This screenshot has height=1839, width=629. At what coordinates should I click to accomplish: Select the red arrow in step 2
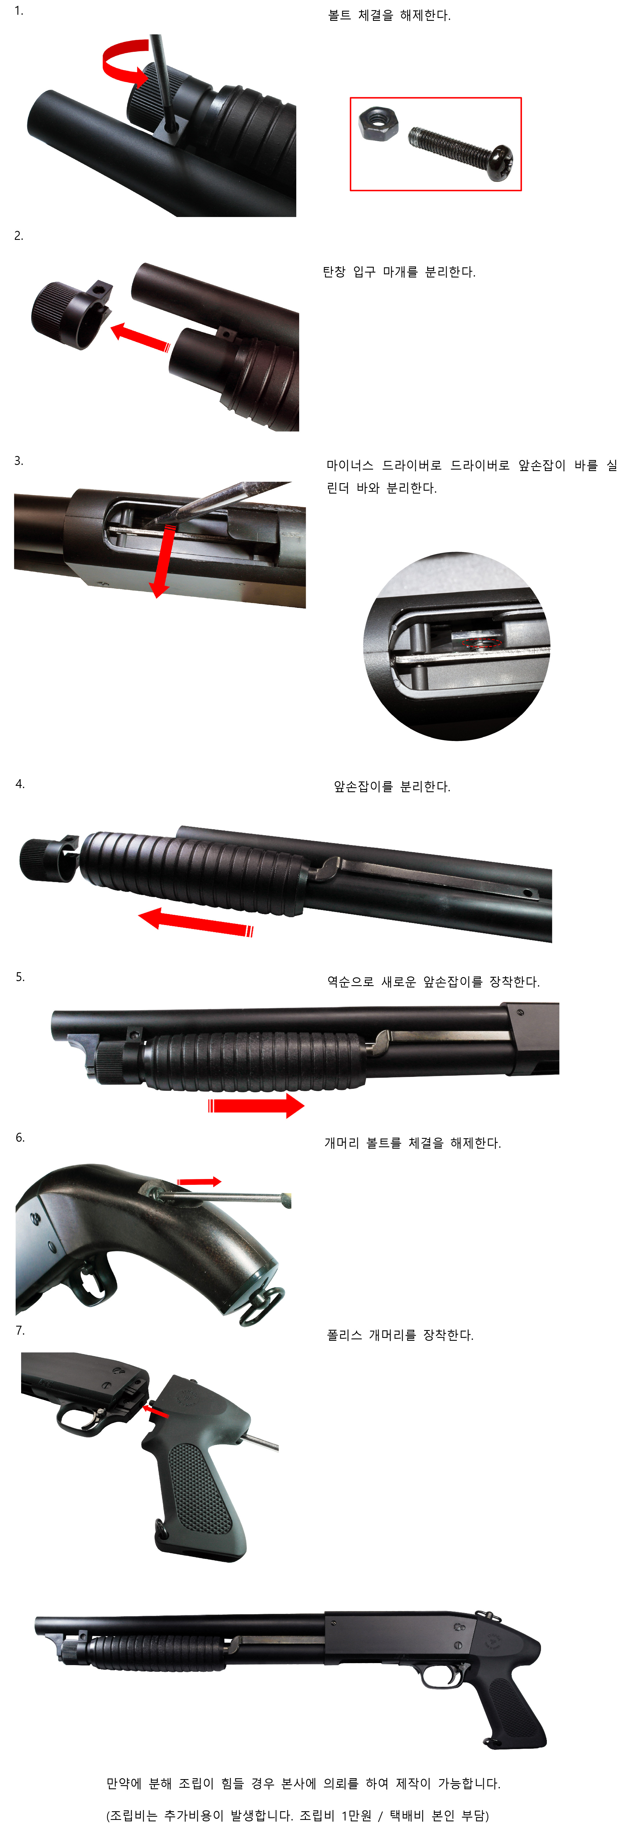(x=141, y=337)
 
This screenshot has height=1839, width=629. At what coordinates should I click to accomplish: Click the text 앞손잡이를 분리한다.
(x=392, y=787)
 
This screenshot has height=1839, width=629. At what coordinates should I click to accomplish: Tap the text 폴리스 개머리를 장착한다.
(x=400, y=1335)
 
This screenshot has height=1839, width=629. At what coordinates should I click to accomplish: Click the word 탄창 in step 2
(x=334, y=272)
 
